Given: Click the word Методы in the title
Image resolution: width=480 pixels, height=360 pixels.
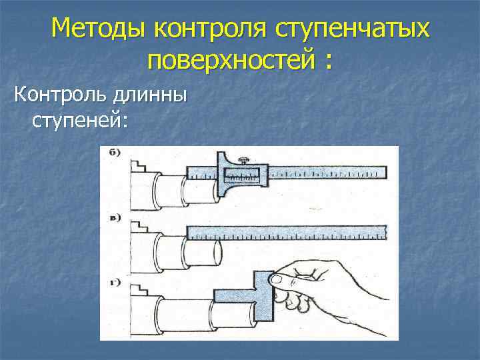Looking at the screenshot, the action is [99, 29].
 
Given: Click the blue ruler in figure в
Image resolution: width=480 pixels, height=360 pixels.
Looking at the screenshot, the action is [286, 233].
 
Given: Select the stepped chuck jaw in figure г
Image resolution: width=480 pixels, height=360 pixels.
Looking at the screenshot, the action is [140, 291].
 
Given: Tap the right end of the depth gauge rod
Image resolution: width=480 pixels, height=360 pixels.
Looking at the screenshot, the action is [383, 173].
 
